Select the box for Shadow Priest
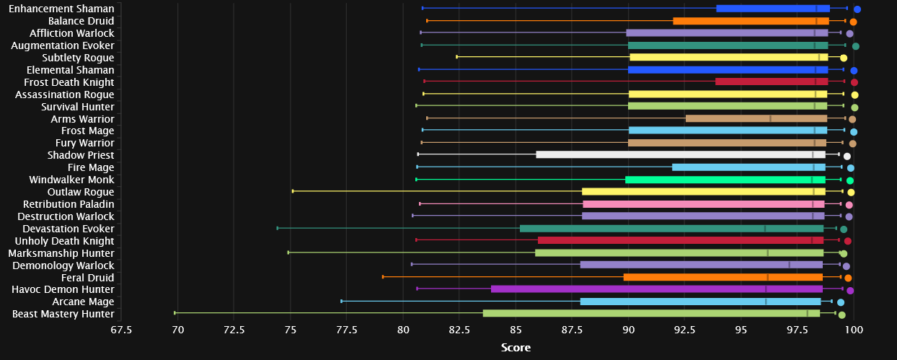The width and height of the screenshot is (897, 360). click(681, 154)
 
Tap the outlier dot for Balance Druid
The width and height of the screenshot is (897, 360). click(853, 22)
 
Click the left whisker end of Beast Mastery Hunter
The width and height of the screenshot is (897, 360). click(175, 313)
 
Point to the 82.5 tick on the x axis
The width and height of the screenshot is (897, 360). click(459, 330)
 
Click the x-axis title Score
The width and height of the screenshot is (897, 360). click(516, 348)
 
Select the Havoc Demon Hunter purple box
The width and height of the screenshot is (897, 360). click(656, 289)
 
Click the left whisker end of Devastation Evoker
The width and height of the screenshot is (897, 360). click(278, 228)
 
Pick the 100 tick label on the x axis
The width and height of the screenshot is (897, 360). click(854, 330)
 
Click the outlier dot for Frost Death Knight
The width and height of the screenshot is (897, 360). click(854, 82)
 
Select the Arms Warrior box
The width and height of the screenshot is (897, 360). click(756, 118)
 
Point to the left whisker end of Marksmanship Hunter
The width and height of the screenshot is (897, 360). click(288, 253)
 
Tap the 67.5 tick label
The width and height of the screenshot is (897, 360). click(121, 330)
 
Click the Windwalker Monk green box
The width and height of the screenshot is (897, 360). click(725, 180)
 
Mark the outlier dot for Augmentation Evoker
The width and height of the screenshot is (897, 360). click(855, 46)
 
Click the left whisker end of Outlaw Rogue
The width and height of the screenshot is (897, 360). click(293, 191)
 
